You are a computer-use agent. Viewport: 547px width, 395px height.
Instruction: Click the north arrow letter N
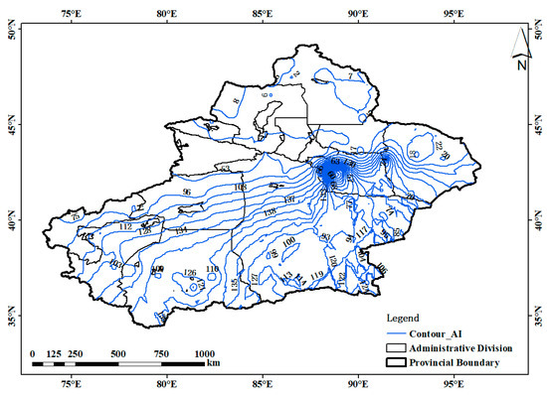point(520,66)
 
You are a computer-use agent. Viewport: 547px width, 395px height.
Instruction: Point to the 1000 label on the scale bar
point(203,353)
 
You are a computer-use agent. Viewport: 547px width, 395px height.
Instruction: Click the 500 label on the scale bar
point(117,353)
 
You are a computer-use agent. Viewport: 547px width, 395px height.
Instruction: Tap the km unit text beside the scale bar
point(214,364)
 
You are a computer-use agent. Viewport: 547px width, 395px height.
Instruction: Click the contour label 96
point(186,191)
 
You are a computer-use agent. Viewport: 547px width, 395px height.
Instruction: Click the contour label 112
point(125,227)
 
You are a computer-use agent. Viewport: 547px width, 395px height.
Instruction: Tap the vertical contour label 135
point(234,284)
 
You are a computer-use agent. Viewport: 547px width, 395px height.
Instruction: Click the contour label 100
point(288,242)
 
